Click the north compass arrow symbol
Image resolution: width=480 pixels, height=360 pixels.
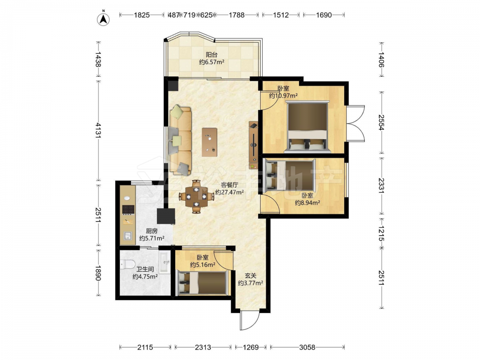pyautogui.click(x=104, y=19)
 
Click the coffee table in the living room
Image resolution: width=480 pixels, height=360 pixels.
pyautogui.click(x=210, y=143)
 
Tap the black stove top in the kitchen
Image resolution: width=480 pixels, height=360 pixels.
pyautogui.click(x=128, y=209)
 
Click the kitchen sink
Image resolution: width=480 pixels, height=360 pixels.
pyautogui.click(x=128, y=236)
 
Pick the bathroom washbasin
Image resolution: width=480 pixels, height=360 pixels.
pyautogui.click(x=164, y=262)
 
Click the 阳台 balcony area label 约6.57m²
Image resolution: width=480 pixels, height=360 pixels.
pyautogui.click(x=212, y=62)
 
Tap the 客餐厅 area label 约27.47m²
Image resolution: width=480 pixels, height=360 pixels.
pyautogui.click(x=229, y=192)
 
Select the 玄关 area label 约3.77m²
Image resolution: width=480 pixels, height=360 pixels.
pyautogui.click(x=251, y=284)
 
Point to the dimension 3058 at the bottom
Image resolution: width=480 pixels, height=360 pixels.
pyautogui.click(x=307, y=347)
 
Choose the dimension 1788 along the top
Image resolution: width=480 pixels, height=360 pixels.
pyautogui.click(x=237, y=15)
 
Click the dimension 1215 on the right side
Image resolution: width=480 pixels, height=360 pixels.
pyautogui.click(x=381, y=234)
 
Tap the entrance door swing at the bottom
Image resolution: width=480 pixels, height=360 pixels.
pyautogui.click(x=250, y=320)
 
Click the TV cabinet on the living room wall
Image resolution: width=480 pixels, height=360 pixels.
pyautogui.click(x=253, y=145)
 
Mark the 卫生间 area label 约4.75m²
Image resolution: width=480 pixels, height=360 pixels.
pyautogui.click(x=145, y=277)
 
